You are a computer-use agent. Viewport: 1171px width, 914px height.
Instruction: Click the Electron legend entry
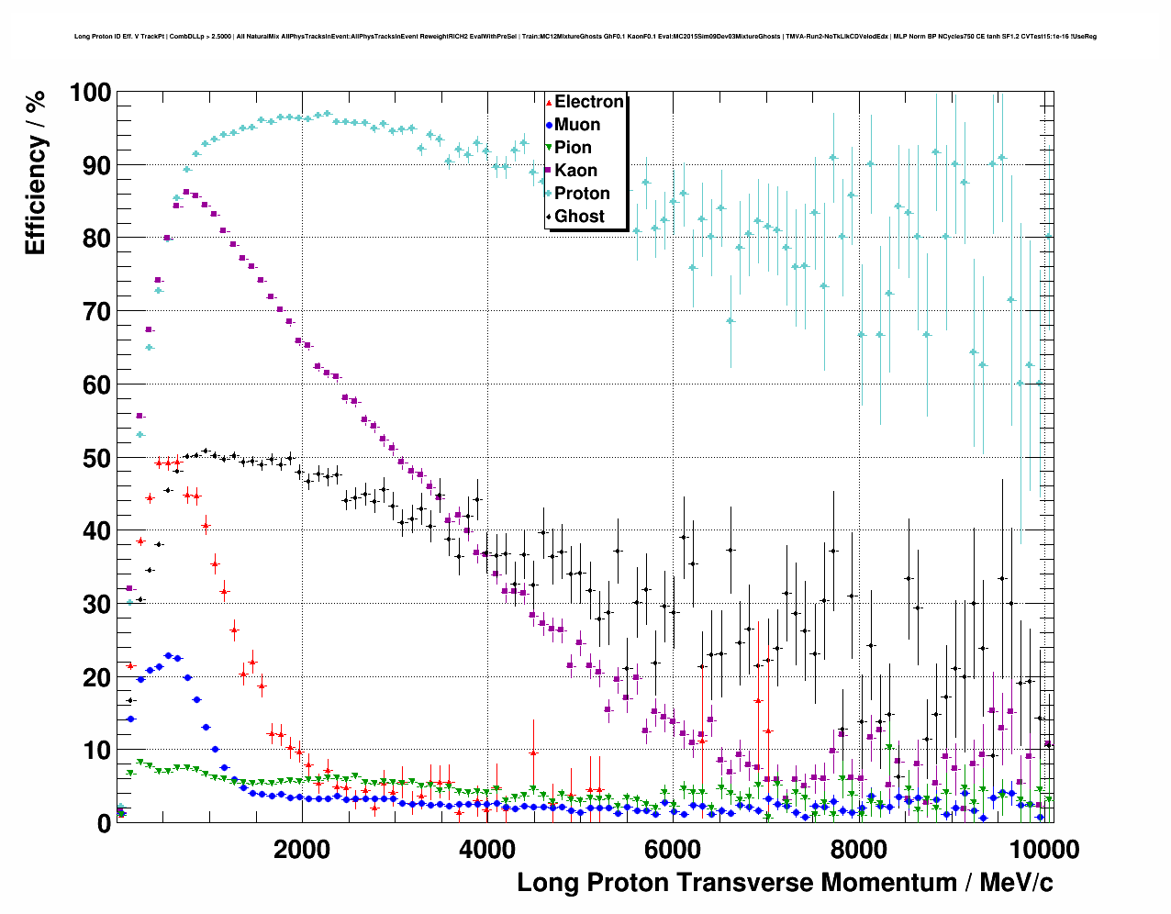[x=588, y=102]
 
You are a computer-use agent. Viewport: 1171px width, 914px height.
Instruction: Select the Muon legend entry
[x=576, y=125]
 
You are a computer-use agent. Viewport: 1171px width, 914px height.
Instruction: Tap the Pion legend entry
[x=573, y=148]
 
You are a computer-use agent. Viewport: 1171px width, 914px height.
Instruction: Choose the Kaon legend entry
[x=575, y=171]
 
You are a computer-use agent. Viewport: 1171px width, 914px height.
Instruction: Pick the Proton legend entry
[x=582, y=194]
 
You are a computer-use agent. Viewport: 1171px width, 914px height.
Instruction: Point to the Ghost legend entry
[x=579, y=217]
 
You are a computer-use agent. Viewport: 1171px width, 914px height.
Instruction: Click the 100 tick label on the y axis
[x=90, y=93]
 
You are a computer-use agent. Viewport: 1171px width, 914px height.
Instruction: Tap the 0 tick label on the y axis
[x=105, y=823]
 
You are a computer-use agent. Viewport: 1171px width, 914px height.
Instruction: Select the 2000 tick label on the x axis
[x=302, y=849]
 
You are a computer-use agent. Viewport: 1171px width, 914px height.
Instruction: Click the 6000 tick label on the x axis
[x=673, y=849]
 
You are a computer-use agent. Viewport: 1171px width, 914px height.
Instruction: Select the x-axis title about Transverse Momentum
[x=785, y=883]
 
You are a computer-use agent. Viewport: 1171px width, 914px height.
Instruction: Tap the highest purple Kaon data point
[x=186, y=192]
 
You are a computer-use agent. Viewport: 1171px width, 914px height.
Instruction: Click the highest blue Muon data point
[x=168, y=656]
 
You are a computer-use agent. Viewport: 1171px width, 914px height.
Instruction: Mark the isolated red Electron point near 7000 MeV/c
[x=758, y=700]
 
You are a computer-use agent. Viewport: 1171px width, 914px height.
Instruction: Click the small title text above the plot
[x=585, y=37]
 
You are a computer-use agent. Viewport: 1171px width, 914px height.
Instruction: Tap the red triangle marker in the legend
[x=549, y=102]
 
